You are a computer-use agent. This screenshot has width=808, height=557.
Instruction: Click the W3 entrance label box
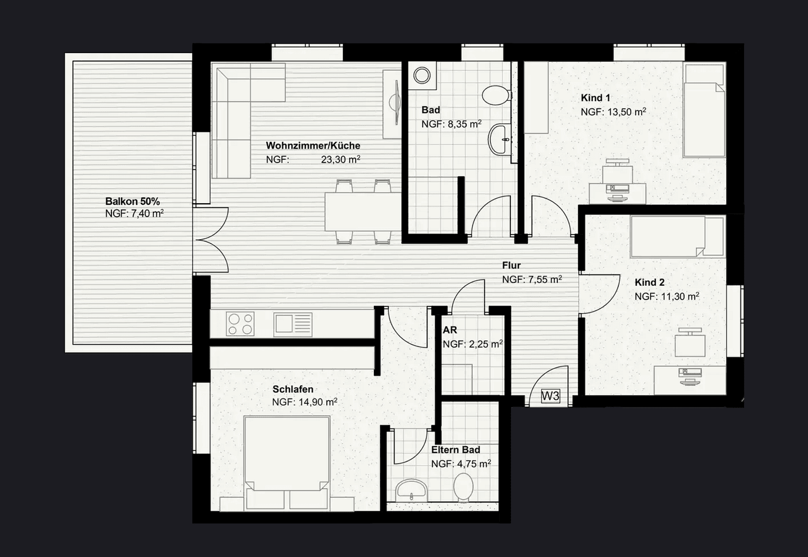(x=551, y=396)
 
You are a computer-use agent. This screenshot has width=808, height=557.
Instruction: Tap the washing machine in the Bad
(x=422, y=76)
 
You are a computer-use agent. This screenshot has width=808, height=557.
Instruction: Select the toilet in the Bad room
(x=497, y=95)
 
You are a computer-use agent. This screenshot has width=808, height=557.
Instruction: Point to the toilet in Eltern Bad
(x=464, y=487)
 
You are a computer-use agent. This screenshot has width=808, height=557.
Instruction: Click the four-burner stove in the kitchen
(x=240, y=324)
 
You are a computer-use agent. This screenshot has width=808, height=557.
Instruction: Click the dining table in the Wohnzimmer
(x=363, y=212)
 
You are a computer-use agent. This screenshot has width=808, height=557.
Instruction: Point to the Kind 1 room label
(x=596, y=98)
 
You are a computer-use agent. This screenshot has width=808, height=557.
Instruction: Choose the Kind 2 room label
(x=650, y=282)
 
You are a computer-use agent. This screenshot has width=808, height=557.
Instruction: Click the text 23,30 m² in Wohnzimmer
(x=341, y=159)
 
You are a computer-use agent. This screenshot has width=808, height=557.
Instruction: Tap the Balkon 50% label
(x=133, y=201)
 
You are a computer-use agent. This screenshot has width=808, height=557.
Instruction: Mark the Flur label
(x=512, y=265)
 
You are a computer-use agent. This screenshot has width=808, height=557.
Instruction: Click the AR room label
(x=450, y=330)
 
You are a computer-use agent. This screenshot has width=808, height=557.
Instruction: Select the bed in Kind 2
(x=677, y=237)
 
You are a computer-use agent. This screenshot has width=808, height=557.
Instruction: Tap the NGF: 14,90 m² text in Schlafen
(x=305, y=402)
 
